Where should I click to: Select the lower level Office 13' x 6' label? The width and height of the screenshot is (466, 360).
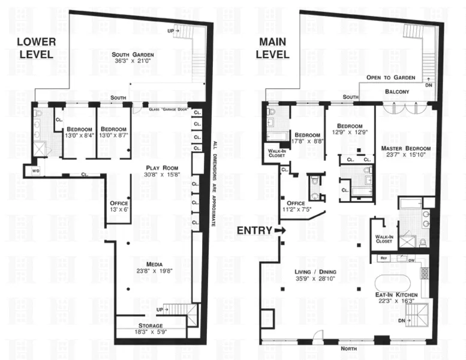(x=120, y=206)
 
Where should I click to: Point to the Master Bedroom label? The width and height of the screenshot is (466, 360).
(x=405, y=148)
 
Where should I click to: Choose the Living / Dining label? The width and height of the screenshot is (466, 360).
(x=315, y=272)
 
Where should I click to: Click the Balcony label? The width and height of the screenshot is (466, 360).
(x=397, y=92)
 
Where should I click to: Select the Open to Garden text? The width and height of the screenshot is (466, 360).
(x=390, y=78)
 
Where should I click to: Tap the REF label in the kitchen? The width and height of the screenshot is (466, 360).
(x=384, y=259)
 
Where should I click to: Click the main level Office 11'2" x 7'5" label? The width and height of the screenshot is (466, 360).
(x=298, y=206)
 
